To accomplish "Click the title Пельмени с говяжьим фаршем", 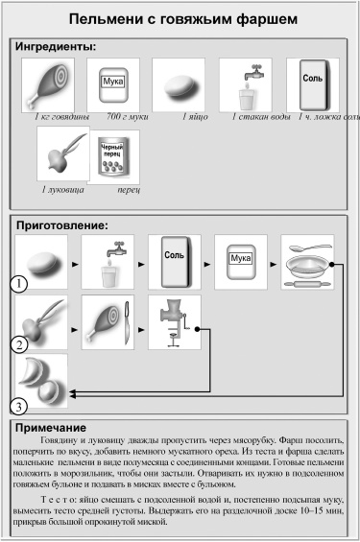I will (x=180, y=18).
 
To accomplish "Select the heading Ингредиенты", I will (x=59, y=46).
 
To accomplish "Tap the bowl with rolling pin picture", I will (x=308, y=262).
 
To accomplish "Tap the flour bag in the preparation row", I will (x=241, y=262).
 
